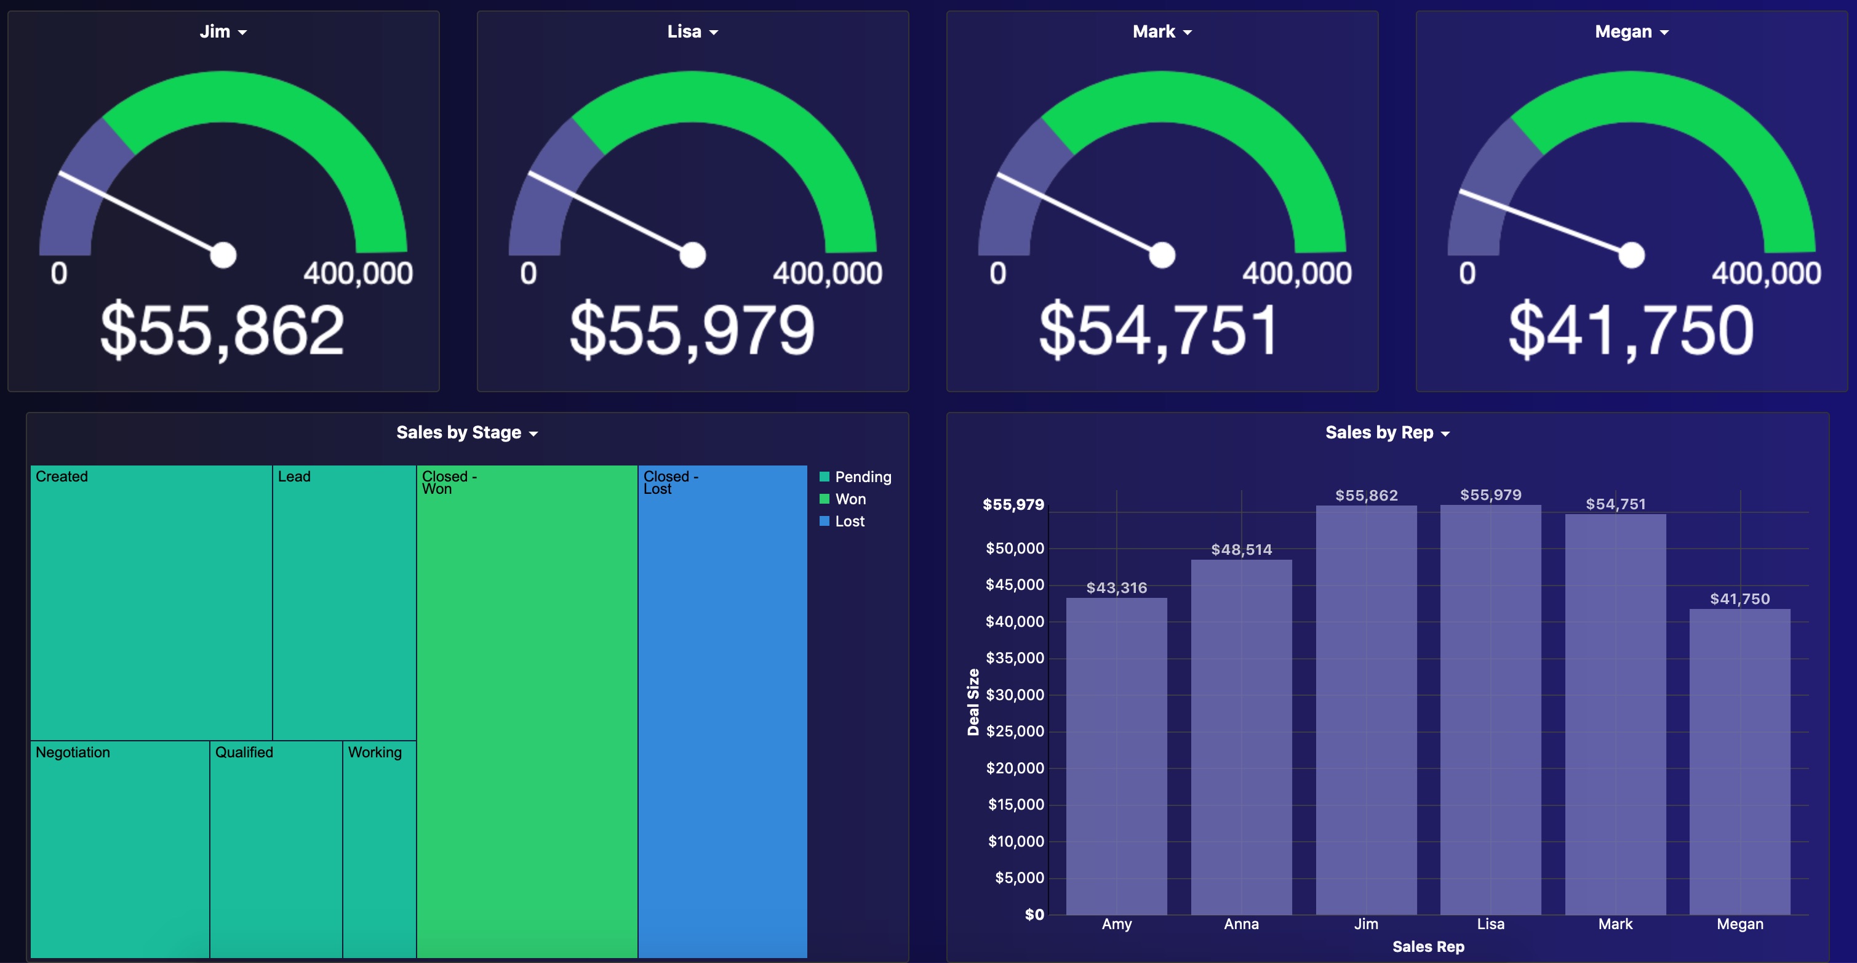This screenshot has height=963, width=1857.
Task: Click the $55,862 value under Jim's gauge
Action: (222, 331)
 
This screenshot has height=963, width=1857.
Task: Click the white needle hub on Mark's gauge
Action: (1161, 255)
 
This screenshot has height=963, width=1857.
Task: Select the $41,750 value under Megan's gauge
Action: (1631, 331)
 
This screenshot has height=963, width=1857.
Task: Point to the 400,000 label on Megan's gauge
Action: (1765, 273)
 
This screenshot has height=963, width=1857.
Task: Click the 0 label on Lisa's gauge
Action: (529, 273)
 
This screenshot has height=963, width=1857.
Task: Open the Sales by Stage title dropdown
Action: (467, 433)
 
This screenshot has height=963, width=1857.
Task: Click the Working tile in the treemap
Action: (379, 851)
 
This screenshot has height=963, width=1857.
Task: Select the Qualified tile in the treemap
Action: (276, 851)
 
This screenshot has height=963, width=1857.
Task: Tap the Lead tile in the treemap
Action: (344, 606)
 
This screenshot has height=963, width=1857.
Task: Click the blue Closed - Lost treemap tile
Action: (722, 714)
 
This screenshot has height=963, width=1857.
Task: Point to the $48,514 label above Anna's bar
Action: (1240, 550)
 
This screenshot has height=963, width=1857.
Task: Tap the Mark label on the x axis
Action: (1615, 924)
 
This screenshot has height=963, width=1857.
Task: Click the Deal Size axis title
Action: (973, 702)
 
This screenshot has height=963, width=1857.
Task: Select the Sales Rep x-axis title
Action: (1428, 946)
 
